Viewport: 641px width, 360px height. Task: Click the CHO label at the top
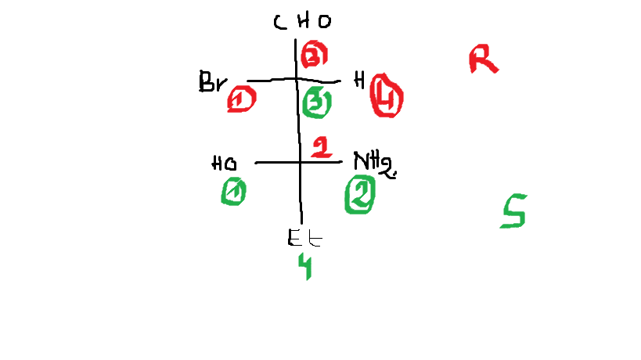point(302,22)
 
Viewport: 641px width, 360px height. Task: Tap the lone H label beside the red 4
point(358,80)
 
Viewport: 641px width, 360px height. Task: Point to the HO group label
point(225,164)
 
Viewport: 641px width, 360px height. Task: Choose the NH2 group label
point(375,163)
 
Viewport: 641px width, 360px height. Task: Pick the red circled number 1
point(242,100)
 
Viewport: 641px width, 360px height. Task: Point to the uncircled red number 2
point(321,146)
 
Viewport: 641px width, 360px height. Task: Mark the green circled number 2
point(359,193)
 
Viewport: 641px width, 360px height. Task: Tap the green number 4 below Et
point(305,266)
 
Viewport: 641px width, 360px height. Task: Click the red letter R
point(483,59)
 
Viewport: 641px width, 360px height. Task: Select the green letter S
point(513,211)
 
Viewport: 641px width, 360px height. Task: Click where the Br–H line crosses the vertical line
point(297,79)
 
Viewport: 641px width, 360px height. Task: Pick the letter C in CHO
point(280,22)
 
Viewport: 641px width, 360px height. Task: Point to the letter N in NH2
point(361,161)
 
